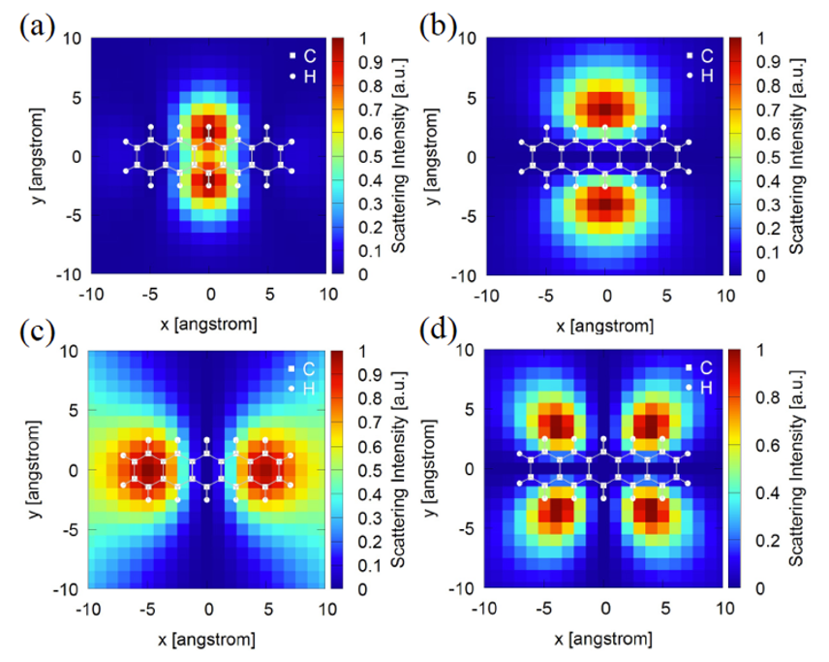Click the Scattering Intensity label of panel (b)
point(797,158)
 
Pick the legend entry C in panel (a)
point(304,57)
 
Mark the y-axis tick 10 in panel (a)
point(72,39)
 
